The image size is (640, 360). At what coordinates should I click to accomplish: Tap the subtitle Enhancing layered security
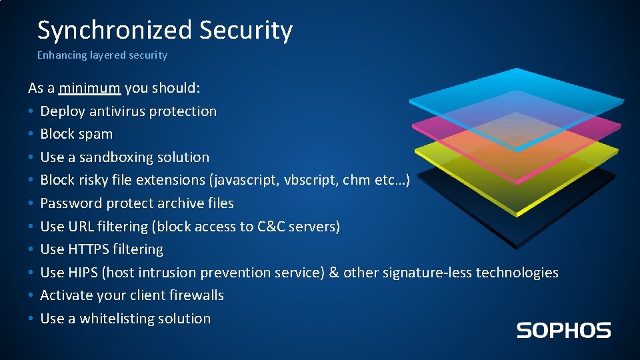click(102, 55)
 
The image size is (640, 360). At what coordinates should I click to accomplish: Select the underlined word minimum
click(89, 88)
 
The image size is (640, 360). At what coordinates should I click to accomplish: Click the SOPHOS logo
click(563, 330)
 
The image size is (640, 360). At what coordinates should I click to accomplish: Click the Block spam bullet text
click(76, 134)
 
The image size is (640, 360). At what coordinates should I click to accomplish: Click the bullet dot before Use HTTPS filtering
click(31, 250)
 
